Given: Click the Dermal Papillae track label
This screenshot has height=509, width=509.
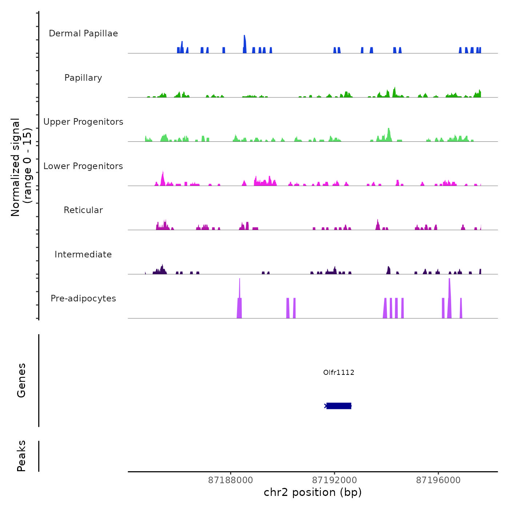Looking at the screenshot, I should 83,33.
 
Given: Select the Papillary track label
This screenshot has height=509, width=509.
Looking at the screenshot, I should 83,78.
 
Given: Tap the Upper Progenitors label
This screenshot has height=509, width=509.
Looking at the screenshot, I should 83,122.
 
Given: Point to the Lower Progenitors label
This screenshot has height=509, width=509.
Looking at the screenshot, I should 83,166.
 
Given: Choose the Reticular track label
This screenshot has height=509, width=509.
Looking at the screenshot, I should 83,210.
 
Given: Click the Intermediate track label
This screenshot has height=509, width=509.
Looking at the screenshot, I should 83,254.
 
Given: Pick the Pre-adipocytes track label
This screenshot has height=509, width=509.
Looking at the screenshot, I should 83,298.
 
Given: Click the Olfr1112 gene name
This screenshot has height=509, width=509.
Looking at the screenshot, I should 338,372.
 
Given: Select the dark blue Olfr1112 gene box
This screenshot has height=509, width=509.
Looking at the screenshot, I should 339,406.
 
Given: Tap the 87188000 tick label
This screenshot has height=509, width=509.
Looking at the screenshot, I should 231,480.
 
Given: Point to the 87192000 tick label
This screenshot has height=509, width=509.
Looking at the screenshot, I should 334,480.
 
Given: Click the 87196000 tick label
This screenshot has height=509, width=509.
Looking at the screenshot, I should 438,480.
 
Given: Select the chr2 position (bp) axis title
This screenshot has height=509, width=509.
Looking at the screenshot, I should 313,492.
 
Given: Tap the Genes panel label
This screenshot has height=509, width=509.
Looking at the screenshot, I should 21,380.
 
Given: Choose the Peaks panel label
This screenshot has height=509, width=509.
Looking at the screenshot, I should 21,456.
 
